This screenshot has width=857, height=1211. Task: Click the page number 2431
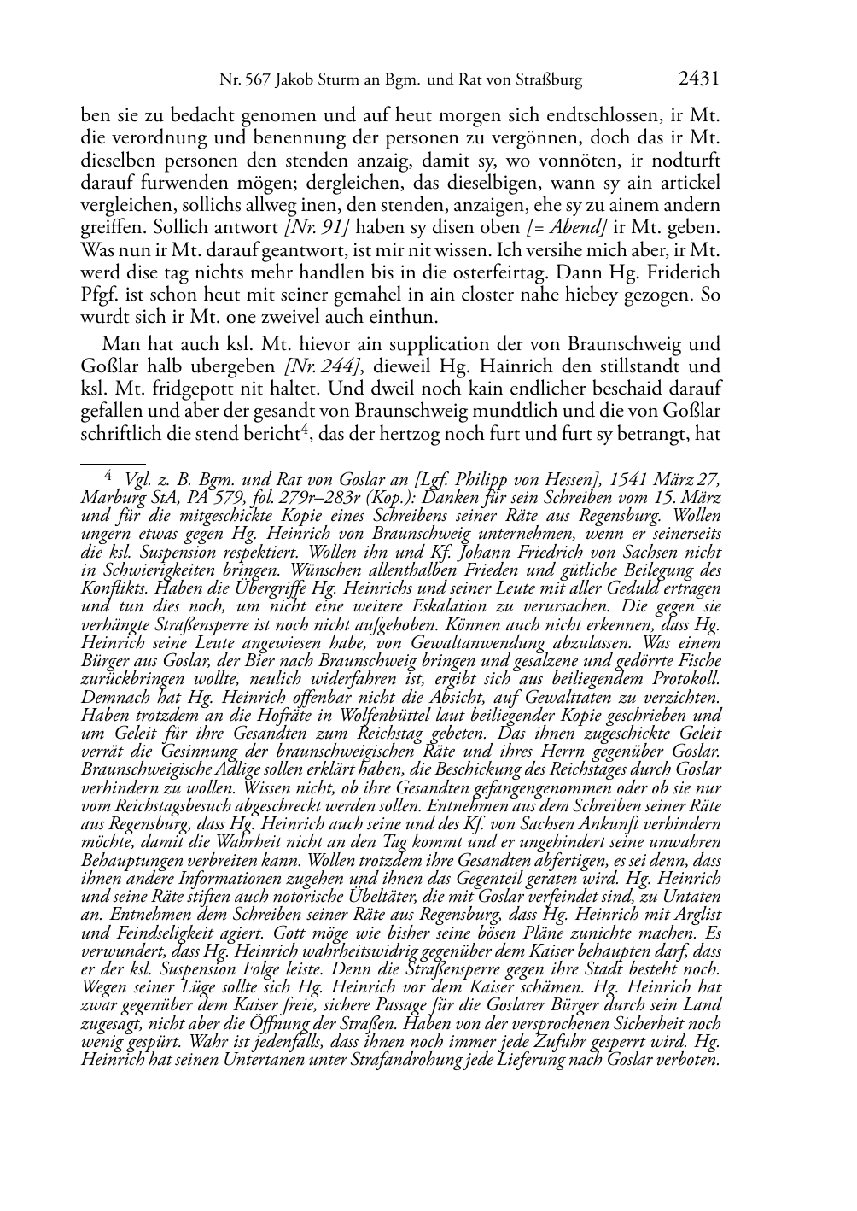[698, 79]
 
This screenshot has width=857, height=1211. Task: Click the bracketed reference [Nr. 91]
[319, 228]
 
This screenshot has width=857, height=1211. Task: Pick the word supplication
[390, 345]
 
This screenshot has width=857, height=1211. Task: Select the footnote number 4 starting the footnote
[108, 476]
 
